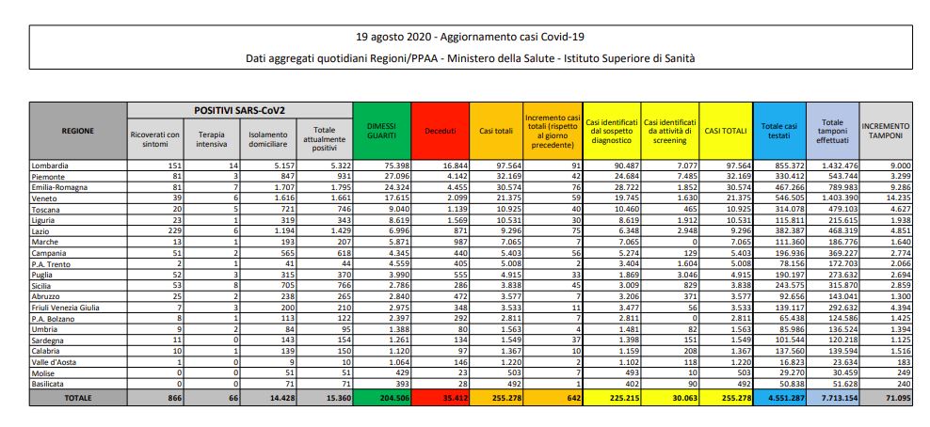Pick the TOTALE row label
coord(77,398)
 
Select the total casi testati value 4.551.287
coord(779,398)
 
